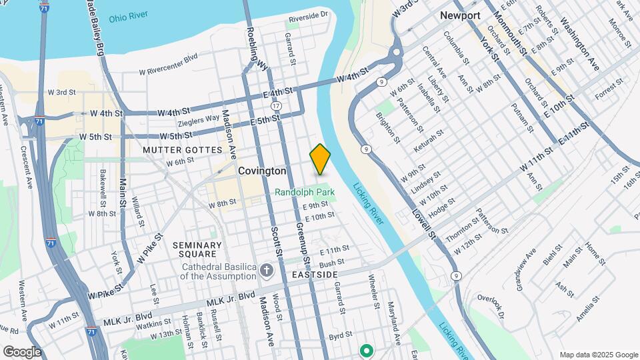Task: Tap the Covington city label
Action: tap(263, 171)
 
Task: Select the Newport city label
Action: tap(460, 15)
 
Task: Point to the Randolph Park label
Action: tap(305, 192)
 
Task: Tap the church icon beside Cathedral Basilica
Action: tap(267, 270)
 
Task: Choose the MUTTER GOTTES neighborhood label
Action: tap(182, 150)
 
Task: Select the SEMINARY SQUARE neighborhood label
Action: tap(197, 249)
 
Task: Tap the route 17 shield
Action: tap(277, 107)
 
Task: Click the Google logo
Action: tap(22, 351)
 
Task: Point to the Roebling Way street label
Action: tap(257, 50)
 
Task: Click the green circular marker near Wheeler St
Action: tap(365, 349)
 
